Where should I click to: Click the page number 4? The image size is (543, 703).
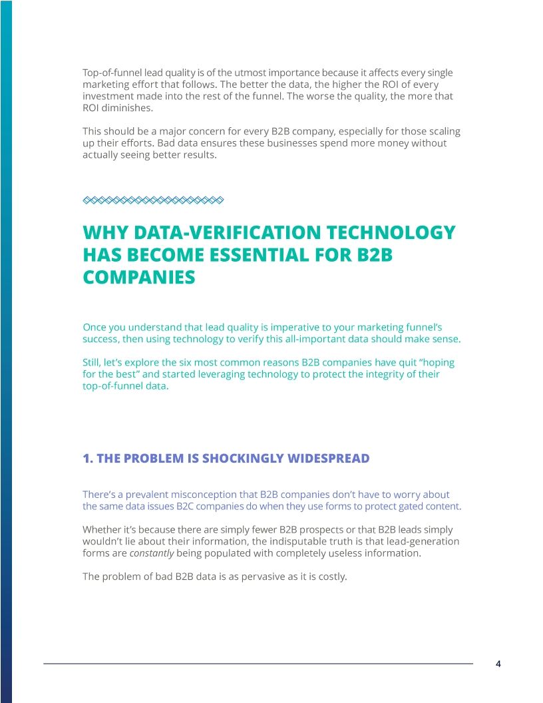pos(498,664)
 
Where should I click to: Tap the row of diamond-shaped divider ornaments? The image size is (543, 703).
pos(152,199)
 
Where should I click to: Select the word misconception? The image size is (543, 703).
pos(200,495)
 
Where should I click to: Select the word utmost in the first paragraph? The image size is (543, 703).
pos(263,73)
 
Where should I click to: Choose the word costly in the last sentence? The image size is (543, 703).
pos(331,577)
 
